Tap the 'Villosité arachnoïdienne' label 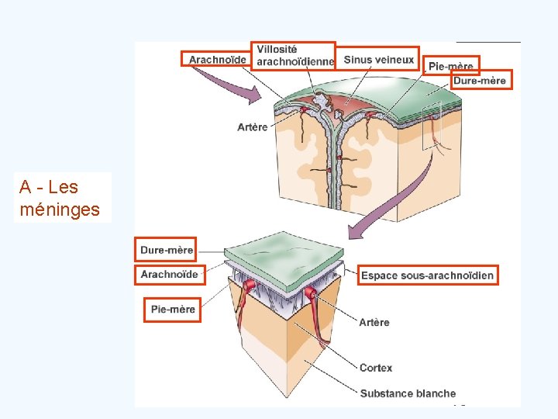pyautogui.click(x=294, y=55)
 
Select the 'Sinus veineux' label pyautogui.click(x=380, y=60)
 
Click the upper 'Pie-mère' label pyautogui.click(x=451, y=66)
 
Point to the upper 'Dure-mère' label pyautogui.click(x=479, y=80)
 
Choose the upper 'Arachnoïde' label pyautogui.click(x=217, y=59)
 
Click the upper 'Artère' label pyautogui.click(x=253, y=127)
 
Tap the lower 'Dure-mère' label pyautogui.click(x=166, y=250)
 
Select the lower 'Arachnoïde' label pyautogui.click(x=169, y=274)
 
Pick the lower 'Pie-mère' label pyautogui.click(x=173, y=310)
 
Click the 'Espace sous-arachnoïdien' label pyautogui.click(x=427, y=275)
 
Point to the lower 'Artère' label pyautogui.click(x=374, y=322)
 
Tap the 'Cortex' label pyautogui.click(x=376, y=368)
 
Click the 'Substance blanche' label pyautogui.click(x=408, y=393)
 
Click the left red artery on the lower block pyautogui.click(x=248, y=299)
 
